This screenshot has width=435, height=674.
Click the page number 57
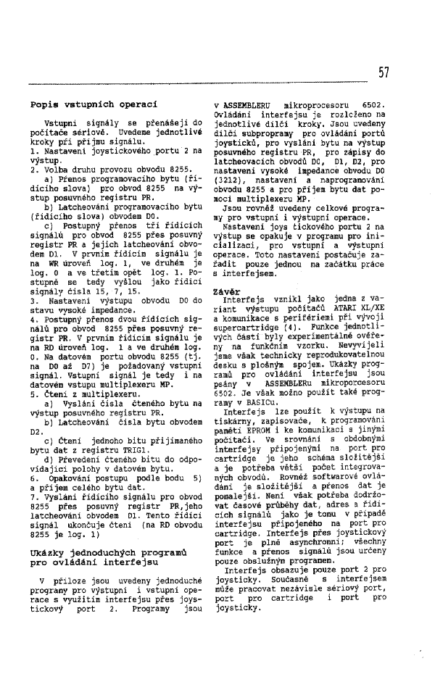[384, 72]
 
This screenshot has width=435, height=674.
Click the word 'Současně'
[281, 591]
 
